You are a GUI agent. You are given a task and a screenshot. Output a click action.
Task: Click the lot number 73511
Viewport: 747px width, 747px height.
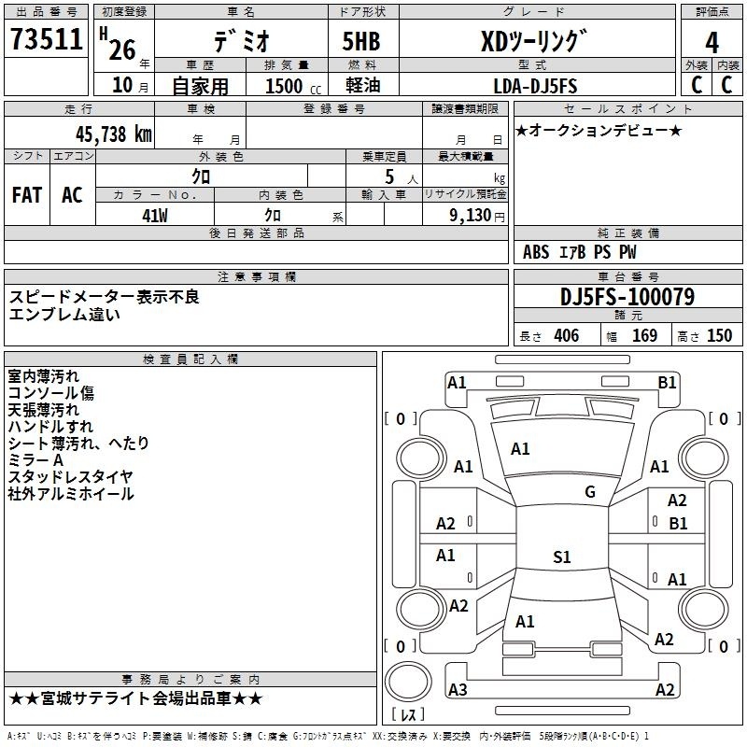point(46,39)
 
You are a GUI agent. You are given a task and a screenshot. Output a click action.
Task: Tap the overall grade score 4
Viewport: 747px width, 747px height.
point(712,42)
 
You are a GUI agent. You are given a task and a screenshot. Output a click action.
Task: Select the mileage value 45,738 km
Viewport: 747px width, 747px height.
point(113,134)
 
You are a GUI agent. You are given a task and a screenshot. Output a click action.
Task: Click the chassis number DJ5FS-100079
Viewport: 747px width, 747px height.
point(627,297)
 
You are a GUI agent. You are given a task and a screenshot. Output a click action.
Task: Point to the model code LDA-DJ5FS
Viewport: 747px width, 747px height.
point(535,86)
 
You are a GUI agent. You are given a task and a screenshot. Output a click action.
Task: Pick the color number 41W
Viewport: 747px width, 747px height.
point(155,216)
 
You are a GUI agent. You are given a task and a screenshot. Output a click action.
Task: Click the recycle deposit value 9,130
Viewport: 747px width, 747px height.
point(470,216)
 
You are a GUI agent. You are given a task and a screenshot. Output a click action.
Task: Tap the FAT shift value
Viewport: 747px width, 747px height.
point(27,195)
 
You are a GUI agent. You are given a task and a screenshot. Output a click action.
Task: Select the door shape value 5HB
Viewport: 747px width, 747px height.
point(361,41)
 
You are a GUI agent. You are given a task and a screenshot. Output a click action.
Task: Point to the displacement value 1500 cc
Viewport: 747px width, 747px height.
point(293,86)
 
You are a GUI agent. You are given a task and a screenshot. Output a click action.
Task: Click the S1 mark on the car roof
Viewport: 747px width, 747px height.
point(562,557)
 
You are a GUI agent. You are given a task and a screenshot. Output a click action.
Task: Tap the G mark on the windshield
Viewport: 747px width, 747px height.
point(590,492)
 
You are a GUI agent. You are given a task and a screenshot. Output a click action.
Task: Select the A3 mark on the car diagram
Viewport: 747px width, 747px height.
point(458,689)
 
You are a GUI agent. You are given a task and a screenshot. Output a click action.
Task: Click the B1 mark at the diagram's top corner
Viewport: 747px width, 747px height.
point(667,383)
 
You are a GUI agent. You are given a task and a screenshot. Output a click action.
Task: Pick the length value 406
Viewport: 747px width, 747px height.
point(567,335)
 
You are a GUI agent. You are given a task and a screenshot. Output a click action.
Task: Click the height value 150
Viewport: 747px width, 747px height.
point(719,335)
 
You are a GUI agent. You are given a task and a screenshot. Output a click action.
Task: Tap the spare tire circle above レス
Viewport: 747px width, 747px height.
point(408,682)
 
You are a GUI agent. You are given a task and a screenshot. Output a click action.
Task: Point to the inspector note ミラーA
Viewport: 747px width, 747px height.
point(35,460)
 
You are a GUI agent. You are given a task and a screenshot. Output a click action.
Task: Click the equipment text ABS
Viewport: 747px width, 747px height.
point(536,252)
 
